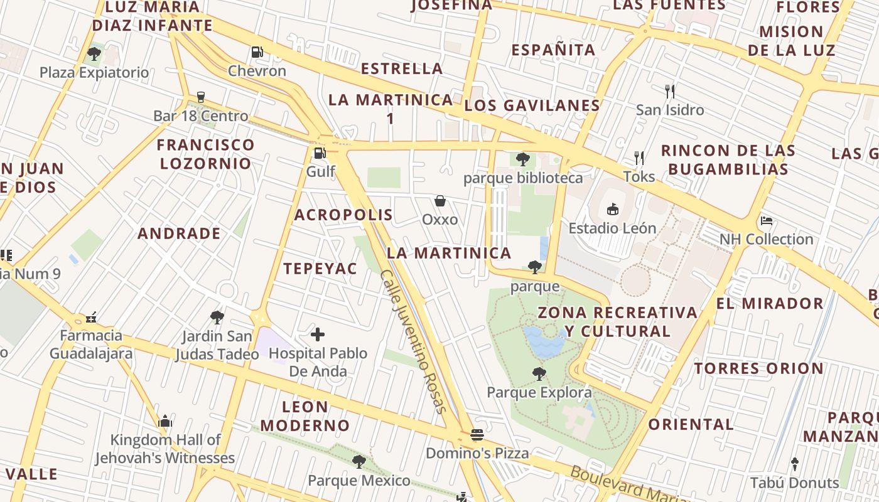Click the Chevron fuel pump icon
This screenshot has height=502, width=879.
point(257,52)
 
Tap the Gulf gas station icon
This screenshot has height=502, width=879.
point(320,152)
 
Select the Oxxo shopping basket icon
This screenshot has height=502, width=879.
point(440,201)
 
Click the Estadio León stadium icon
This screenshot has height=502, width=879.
point(612,209)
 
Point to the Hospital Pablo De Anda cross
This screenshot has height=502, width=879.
point(318,334)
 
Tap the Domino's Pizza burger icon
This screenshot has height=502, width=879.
point(477,435)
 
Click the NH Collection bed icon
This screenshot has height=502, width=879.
point(766,220)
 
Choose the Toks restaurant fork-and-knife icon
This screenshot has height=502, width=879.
point(639,158)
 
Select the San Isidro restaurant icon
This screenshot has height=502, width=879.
point(670,92)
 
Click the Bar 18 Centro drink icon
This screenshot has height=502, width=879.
point(201,97)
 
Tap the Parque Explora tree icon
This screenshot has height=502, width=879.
point(539,374)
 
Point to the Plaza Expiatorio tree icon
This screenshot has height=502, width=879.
point(94,54)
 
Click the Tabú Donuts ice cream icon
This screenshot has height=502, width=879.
point(795,464)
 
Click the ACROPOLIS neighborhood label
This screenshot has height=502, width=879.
point(343,215)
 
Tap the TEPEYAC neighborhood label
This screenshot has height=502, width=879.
point(320,269)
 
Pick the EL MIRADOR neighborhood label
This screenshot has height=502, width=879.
point(770,304)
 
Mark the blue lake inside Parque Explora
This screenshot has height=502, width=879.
point(544,342)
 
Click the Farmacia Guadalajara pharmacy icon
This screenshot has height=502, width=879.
point(92,318)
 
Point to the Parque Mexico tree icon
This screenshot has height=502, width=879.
point(359,462)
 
